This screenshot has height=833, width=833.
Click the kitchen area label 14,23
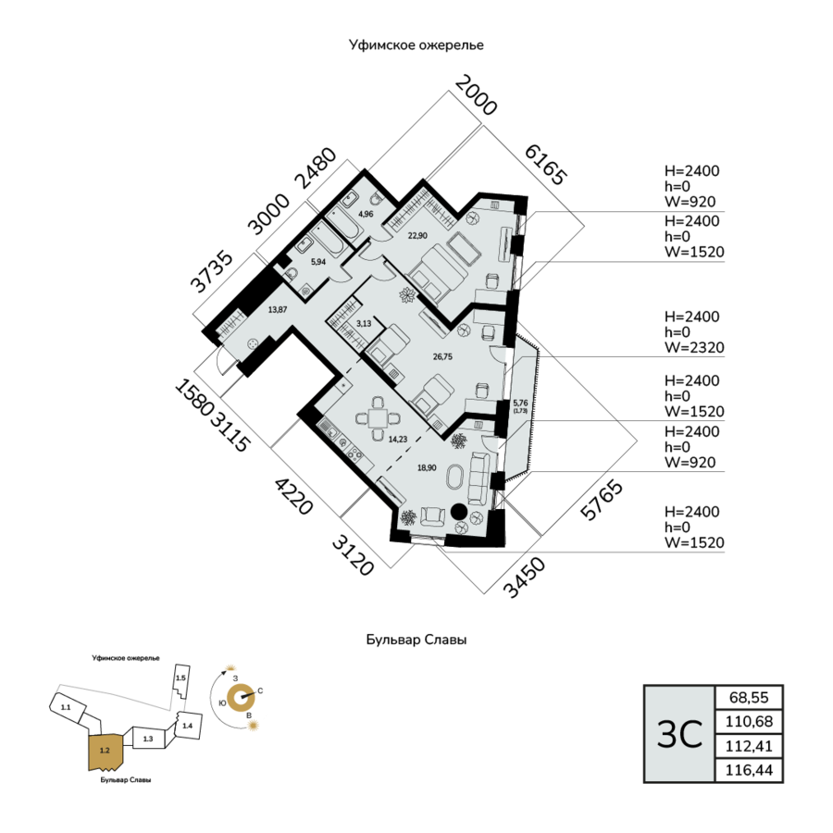[x=398, y=440]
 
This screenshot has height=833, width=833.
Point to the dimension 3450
[x=523, y=578]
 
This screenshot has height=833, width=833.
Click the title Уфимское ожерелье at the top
[x=416, y=44]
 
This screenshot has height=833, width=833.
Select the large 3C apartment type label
[x=678, y=734]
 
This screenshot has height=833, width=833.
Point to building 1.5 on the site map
[x=180, y=680]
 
